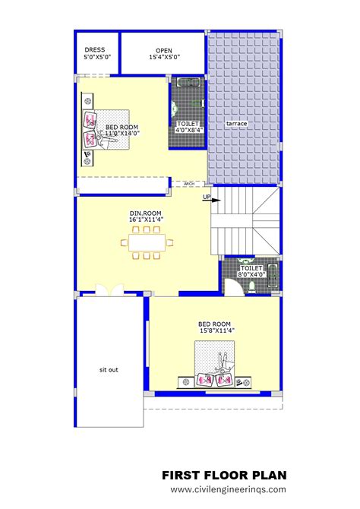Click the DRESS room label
tap(96, 49)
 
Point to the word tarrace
tap(238, 122)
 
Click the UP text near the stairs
tap(206, 198)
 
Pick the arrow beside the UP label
tap(216, 201)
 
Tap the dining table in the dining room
tap(146, 244)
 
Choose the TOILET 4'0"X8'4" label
tap(188, 126)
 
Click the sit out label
tap(109, 370)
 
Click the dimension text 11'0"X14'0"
tap(122, 134)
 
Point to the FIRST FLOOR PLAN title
tap(224, 475)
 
